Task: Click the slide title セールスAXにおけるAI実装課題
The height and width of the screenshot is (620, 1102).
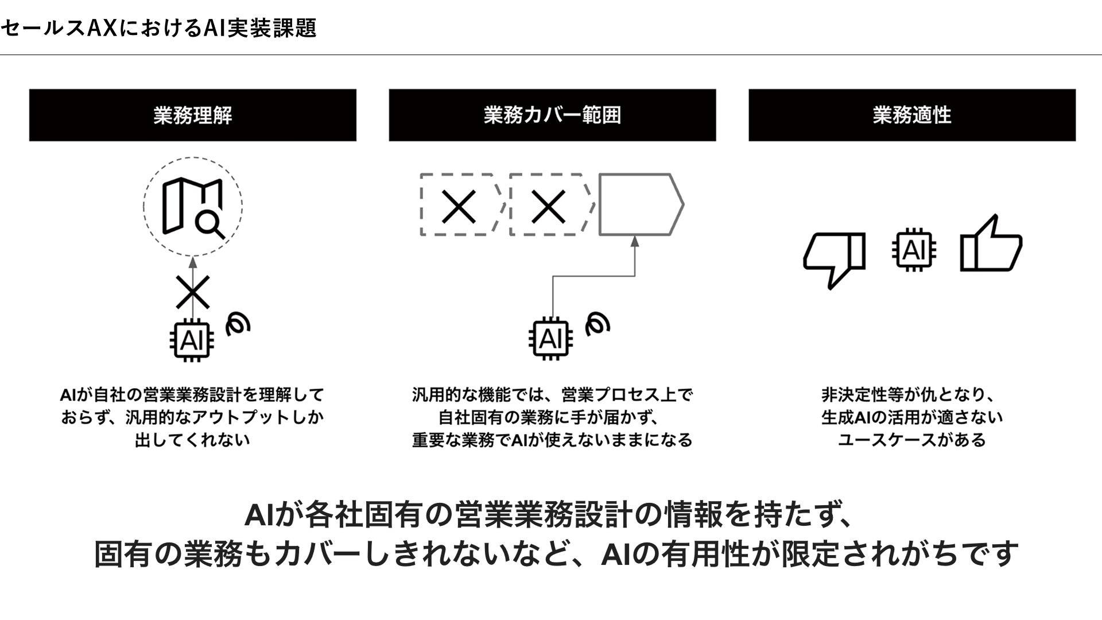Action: coord(158,28)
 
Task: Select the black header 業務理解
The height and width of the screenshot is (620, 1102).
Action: coord(193,115)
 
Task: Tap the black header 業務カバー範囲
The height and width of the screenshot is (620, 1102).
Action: coord(552,115)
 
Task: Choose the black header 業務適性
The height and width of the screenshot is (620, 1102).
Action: coord(912,115)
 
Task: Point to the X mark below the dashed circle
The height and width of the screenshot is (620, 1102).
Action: coord(193,292)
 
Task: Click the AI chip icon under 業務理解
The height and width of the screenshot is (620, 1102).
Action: coord(192,340)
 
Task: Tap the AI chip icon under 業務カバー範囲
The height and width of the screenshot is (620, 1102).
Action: coord(550,339)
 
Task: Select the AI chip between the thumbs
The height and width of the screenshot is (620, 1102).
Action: coord(914,250)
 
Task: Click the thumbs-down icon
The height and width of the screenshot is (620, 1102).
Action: coord(834,258)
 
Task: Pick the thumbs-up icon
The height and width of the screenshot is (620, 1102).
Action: coord(991,243)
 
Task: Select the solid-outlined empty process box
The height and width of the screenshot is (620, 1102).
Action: coord(641,204)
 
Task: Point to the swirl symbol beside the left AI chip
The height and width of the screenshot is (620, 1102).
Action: coord(238,324)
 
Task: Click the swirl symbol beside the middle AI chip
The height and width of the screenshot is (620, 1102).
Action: coord(597,324)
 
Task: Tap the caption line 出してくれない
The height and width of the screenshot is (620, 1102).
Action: coord(193,440)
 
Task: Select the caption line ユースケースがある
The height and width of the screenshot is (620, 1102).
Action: coord(912,440)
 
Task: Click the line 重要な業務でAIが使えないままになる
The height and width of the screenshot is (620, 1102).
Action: coord(552,440)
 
